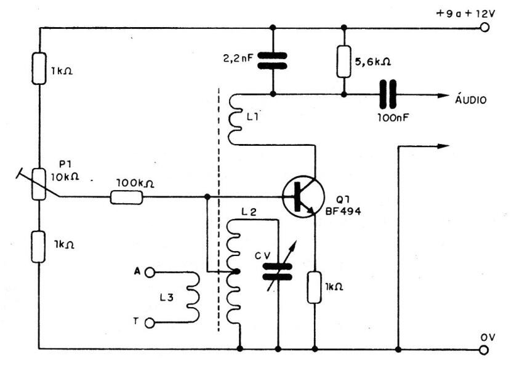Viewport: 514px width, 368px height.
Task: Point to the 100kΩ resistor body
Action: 127,198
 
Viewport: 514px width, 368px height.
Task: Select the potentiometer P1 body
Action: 39,183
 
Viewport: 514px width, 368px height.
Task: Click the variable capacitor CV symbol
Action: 278,271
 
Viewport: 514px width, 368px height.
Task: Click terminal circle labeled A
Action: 148,271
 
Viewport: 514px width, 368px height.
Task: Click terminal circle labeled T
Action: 148,322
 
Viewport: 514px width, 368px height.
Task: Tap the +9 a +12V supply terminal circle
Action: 484,28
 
